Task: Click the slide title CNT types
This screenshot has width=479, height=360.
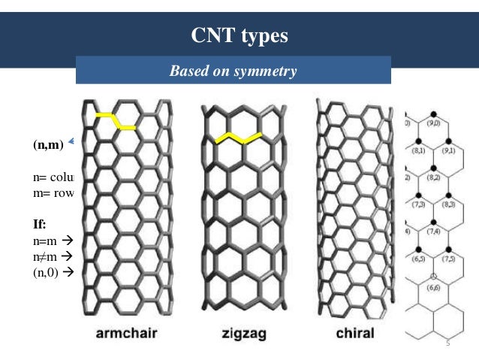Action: point(239,35)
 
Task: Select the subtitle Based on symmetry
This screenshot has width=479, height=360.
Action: point(233,72)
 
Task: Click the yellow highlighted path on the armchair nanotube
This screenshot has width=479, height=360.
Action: point(115,120)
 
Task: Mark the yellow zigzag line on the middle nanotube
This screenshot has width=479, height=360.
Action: point(238,138)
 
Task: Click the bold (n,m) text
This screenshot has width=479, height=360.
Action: point(47,144)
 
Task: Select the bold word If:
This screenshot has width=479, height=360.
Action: point(39,223)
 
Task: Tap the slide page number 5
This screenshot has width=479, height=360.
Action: point(447,343)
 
